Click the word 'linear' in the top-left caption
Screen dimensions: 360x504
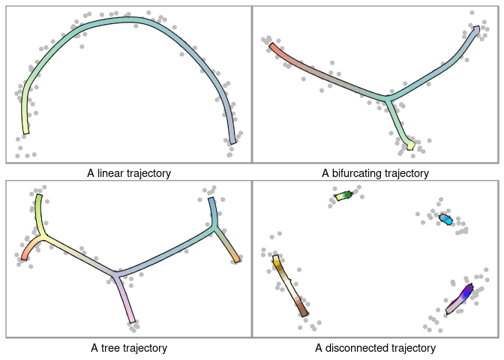click(x=115, y=173)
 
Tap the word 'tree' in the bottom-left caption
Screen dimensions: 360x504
click(x=111, y=348)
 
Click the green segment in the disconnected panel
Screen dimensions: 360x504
click(x=343, y=196)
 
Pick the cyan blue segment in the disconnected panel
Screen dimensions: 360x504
click(x=445, y=219)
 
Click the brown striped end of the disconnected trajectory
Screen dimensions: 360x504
click(x=302, y=307)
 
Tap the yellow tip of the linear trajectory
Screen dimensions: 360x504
click(x=25, y=127)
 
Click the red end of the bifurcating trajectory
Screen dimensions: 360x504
click(x=273, y=48)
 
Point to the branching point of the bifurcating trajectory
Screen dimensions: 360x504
click(x=385, y=98)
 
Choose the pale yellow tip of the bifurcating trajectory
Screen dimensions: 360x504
click(x=409, y=145)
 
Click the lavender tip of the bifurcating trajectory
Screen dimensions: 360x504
click(x=475, y=31)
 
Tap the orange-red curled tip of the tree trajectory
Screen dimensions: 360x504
click(x=24, y=255)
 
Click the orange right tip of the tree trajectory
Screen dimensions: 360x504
click(x=236, y=258)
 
